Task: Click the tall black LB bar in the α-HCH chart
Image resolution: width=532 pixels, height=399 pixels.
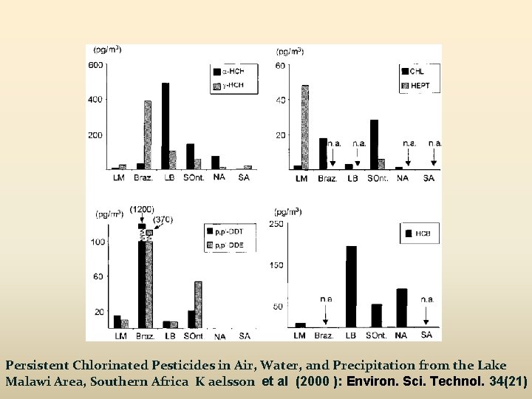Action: click(166, 126)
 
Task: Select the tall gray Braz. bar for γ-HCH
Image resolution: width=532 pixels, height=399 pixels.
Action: click(148, 134)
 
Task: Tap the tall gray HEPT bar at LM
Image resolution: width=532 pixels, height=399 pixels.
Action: click(304, 127)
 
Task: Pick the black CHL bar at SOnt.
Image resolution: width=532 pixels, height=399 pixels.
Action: click(375, 144)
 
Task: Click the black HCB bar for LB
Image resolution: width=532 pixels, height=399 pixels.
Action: click(351, 286)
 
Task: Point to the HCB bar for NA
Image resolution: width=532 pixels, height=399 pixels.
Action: click(401, 307)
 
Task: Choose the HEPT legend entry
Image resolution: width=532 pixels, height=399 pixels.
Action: click(420, 86)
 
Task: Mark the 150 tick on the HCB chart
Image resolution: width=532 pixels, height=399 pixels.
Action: click(276, 265)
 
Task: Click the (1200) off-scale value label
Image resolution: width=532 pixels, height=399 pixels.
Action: click(142, 210)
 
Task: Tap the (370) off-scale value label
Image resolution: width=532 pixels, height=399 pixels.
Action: click(164, 219)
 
